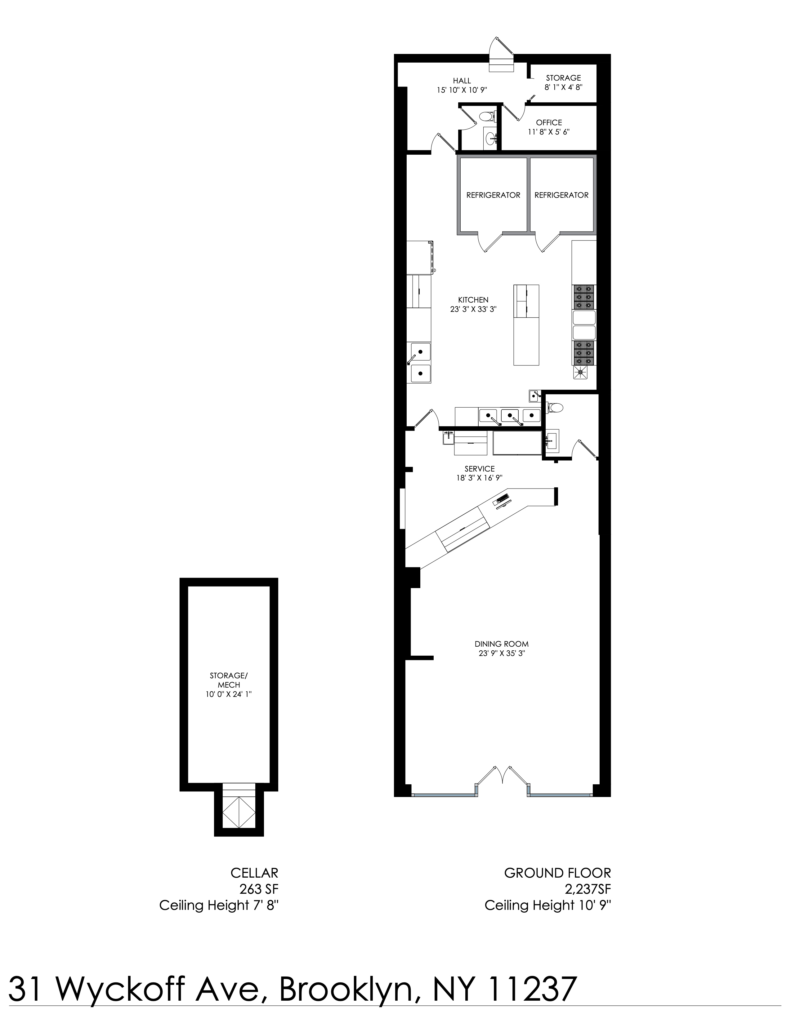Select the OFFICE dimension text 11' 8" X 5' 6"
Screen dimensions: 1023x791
point(549,132)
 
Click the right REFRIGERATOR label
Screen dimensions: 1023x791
point(561,195)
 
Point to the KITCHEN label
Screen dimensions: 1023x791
point(473,300)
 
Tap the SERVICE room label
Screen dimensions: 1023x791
point(479,468)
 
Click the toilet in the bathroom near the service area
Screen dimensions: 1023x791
point(556,408)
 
